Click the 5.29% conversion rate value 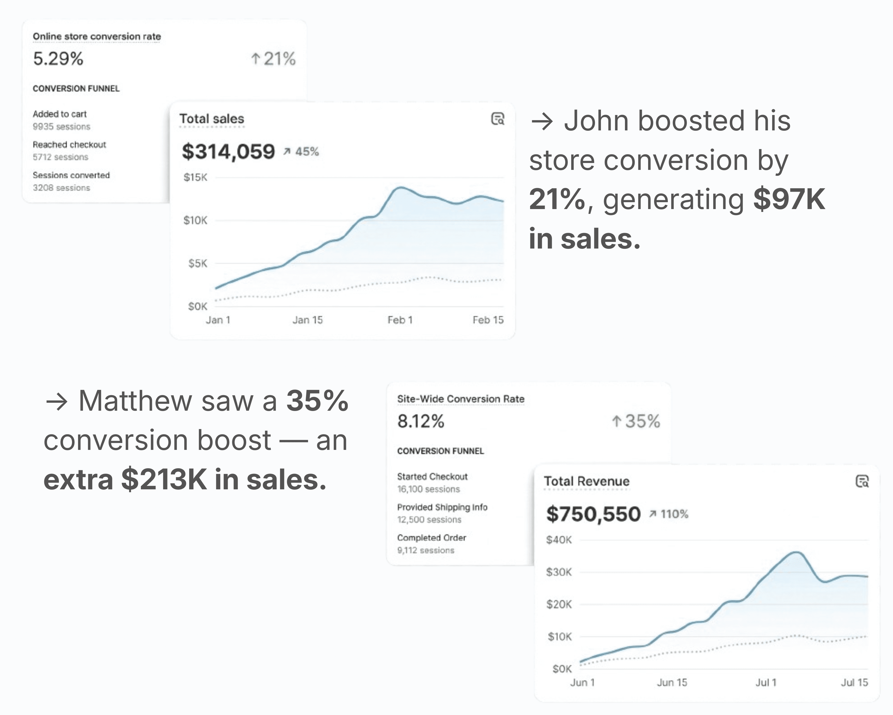[x=58, y=58]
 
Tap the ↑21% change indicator [x=273, y=58]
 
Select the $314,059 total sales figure [x=228, y=151]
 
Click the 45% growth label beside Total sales [x=307, y=152]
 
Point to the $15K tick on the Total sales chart [x=195, y=177]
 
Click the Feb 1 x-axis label [x=400, y=320]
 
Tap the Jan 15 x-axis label [x=307, y=320]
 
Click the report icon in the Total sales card [x=498, y=119]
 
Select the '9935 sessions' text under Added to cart [x=61, y=126]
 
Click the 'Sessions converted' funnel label [x=71, y=175]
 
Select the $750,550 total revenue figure [x=593, y=514]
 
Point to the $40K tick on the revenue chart [x=559, y=540]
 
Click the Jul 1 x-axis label [x=766, y=683]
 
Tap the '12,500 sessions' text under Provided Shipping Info [x=429, y=520]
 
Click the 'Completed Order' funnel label [x=431, y=538]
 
